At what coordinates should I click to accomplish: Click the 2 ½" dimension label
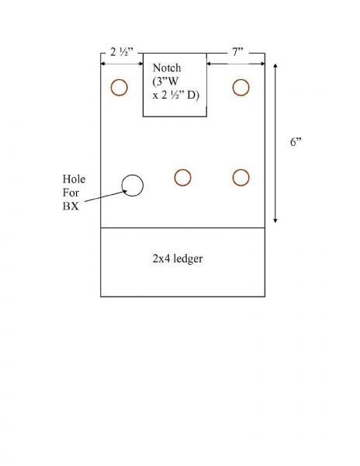click(122, 52)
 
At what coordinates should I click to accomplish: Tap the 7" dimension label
click(237, 52)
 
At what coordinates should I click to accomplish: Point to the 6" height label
click(296, 142)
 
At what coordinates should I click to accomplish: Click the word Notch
click(167, 68)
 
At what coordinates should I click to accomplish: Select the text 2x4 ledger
click(178, 259)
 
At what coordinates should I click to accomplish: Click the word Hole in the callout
click(74, 179)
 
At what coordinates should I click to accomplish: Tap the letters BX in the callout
click(71, 206)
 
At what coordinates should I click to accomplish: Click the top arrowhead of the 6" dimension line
click(275, 66)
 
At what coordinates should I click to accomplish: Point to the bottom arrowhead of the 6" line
click(275, 221)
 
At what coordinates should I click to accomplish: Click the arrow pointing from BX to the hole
click(106, 196)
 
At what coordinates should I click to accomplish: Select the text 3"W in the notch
click(165, 82)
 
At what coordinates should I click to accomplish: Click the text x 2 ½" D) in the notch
click(175, 95)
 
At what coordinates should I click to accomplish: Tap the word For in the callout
click(71, 193)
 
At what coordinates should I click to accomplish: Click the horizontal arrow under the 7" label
click(236, 64)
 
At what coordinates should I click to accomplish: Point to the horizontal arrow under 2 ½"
click(122, 64)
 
